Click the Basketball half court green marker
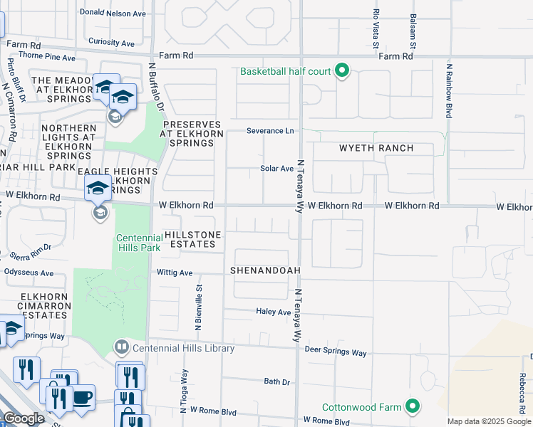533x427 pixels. pyautogui.click(x=342, y=70)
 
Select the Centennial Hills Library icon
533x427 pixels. pyautogui.click(x=122, y=348)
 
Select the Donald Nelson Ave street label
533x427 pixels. pyautogui.click(x=113, y=13)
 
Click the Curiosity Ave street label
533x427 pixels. pyautogui.click(x=111, y=43)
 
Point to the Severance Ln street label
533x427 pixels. pyautogui.click(x=270, y=131)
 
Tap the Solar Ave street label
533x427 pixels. pyautogui.click(x=277, y=169)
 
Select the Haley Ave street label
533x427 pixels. pyautogui.click(x=274, y=312)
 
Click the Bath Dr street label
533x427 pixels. pyautogui.click(x=276, y=382)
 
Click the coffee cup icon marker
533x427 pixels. pyautogui.click(x=83, y=397)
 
